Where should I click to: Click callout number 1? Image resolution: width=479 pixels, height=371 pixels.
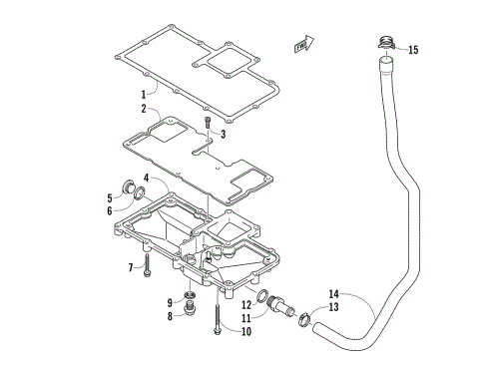click(x=144, y=94)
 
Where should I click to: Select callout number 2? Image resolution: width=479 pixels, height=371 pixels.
click(x=144, y=109)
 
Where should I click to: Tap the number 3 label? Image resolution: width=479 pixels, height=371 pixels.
click(x=223, y=134)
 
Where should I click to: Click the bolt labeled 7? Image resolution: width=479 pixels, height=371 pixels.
click(x=147, y=264)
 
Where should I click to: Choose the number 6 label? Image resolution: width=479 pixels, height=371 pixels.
click(x=138, y=209)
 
